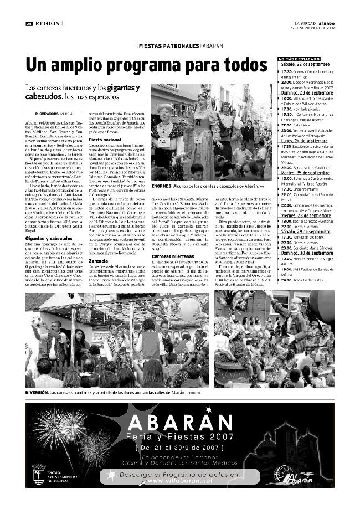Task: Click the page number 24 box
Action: (29, 23)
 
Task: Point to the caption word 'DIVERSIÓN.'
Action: (37, 392)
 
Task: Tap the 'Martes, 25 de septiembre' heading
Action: (304, 173)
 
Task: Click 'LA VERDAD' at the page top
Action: (305, 23)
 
